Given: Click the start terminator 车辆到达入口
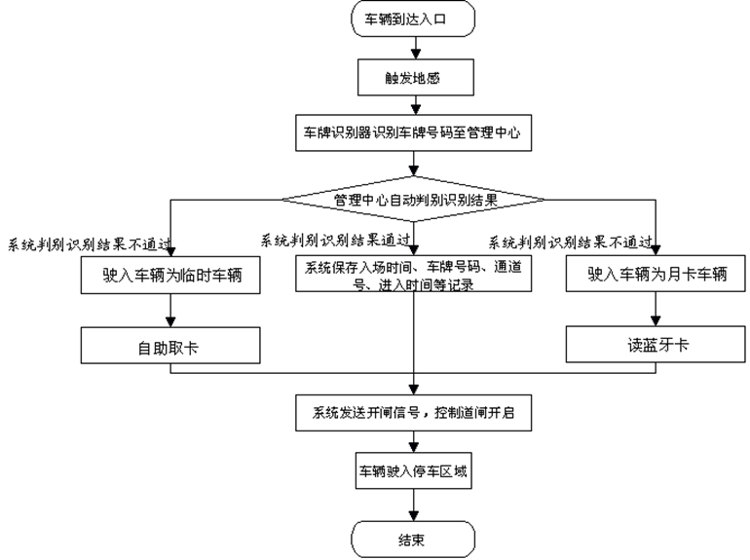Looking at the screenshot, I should tap(413, 19).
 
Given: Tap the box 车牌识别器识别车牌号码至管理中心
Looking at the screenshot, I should tap(414, 135).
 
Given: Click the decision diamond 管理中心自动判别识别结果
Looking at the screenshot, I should tap(413, 199).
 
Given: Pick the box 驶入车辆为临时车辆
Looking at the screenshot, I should tap(169, 275).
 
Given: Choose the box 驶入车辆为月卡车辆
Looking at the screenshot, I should tap(656, 275).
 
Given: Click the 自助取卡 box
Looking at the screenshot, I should tap(169, 346).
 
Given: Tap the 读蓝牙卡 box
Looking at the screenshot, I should tap(656, 346).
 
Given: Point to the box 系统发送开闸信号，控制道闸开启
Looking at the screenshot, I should tap(414, 413).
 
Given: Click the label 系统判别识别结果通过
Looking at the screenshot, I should tap(333, 240).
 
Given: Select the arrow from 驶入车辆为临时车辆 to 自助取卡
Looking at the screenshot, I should tap(169, 310).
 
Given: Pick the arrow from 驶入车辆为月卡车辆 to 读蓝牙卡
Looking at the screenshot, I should tap(656, 310).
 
